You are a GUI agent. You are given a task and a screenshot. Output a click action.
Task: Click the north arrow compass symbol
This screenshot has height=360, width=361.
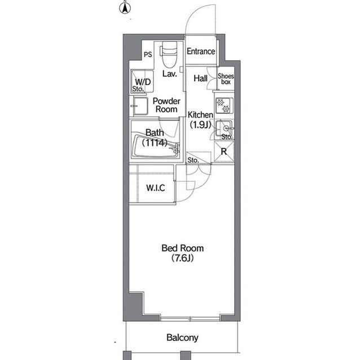point(125,8)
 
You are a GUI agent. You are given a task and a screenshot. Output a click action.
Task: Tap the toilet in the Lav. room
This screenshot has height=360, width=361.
point(169,54)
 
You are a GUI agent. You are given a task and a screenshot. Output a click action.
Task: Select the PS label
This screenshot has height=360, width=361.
point(148,54)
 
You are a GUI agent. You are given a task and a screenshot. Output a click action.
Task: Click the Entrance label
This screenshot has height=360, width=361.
point(201,51)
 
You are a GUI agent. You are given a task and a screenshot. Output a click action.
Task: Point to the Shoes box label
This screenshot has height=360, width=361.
point(226,79)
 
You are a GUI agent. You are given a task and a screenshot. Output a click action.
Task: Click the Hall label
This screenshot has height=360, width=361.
point(200,78)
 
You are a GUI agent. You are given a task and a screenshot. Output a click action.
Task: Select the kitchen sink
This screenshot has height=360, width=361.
point(224,130)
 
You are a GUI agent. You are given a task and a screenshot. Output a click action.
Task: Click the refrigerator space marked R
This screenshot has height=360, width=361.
point(224,152)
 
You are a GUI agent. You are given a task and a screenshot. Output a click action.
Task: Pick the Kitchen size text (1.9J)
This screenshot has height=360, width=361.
point(200,125)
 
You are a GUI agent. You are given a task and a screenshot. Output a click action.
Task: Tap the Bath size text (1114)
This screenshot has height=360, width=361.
point(155,143)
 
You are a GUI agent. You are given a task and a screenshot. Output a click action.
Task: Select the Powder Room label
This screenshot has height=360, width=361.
point(166,105)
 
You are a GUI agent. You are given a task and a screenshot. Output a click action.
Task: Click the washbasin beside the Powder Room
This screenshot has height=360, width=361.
point(140,106)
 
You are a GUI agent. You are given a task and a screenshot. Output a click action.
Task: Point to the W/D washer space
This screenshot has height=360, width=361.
point(142,81)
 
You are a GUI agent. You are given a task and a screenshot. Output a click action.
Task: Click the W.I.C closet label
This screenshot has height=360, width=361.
point(156,188)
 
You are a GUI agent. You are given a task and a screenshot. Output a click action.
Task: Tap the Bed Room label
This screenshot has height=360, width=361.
point(183,248)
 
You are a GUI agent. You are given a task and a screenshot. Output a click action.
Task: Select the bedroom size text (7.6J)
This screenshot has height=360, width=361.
point(182,258)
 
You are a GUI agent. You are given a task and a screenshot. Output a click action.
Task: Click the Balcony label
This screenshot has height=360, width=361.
point(182,337)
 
